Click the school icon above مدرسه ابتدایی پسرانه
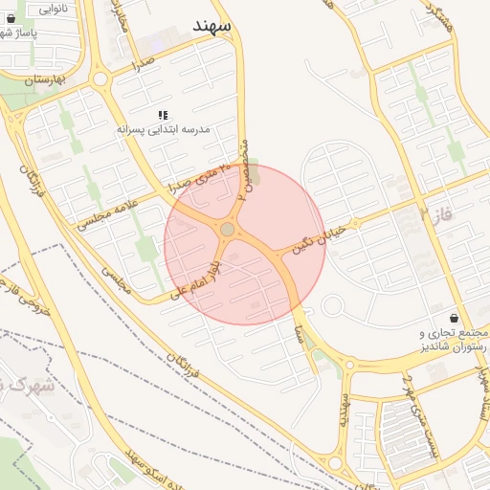162,115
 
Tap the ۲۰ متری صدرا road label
199,177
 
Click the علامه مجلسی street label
105,210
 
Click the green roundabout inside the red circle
227,230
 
